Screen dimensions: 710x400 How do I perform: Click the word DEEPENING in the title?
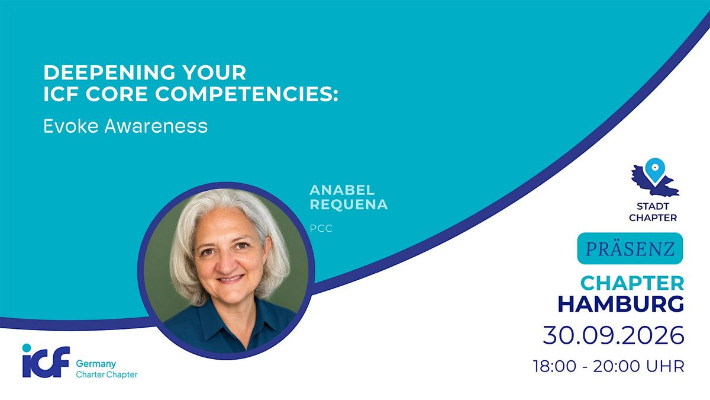pyautogui.click(x=109, y=72)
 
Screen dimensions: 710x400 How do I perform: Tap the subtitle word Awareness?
pyautogui.click(x=156, y=126)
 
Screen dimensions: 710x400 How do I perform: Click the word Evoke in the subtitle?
pyautogui.click(x=72, y=126)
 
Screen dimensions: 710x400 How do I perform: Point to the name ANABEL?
pyautogui.click(x=342, y=190)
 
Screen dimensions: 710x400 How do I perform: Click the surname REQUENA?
pyautogui.click(x=348, y=204)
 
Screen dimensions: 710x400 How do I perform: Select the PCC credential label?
pyautogui.click(x=321, y=228)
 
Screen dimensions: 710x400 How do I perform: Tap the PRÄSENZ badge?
pyautogui.click(x=630, y=248)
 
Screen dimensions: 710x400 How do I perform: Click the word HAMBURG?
pyautogui.click(x=621, y=304)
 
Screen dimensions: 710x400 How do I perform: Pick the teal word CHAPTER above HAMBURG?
pyautogui.click(x=632, y=283)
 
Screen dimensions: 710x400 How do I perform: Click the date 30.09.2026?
pyautogui.click(x=614, y=335)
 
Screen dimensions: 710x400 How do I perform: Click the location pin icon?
pyautogui.click(x=655, y=170)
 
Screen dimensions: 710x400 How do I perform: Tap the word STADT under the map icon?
pyautogui.click(x=653, y=206)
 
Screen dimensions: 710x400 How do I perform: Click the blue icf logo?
pyautogui.click(x=46, y=361)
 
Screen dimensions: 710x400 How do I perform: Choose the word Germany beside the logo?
pyautogui.click(x=96, y=363)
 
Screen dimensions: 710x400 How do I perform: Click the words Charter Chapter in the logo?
pyautogui.click(x=106, y=375)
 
